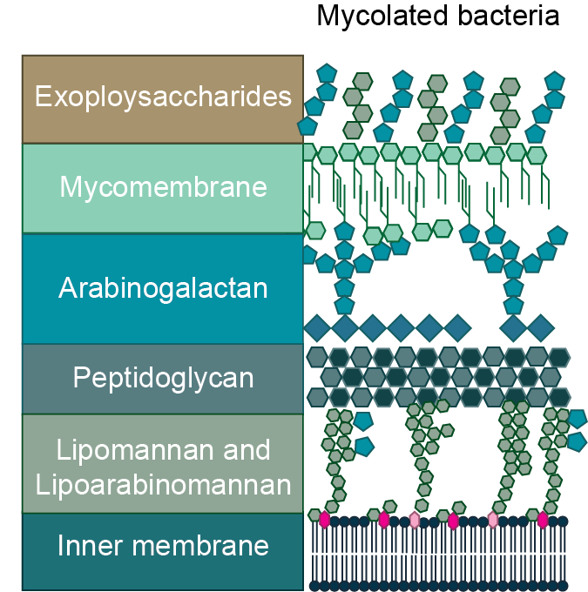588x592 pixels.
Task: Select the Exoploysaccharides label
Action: coord(163,97)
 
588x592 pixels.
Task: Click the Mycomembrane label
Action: coord(163,187)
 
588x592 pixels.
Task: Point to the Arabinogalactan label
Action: coord(163,288)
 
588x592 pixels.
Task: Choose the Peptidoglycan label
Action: coord(163,379)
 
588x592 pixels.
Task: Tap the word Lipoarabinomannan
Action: coord(163,484)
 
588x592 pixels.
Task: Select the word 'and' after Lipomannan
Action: coord(251,451)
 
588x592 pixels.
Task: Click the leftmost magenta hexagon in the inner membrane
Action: coord(325,520)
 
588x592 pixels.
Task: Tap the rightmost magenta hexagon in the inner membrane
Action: coord(543,520)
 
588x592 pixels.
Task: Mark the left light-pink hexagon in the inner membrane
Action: coord(415,520)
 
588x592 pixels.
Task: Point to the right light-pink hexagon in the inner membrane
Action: coord(493,520)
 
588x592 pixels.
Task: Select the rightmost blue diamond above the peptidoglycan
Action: coord(541,327)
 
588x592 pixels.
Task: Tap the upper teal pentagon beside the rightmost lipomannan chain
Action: coord(577,419)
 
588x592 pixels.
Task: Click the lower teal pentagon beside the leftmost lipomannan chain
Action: coord(364,447)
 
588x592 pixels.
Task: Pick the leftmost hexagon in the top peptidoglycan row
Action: coord(317,357)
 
